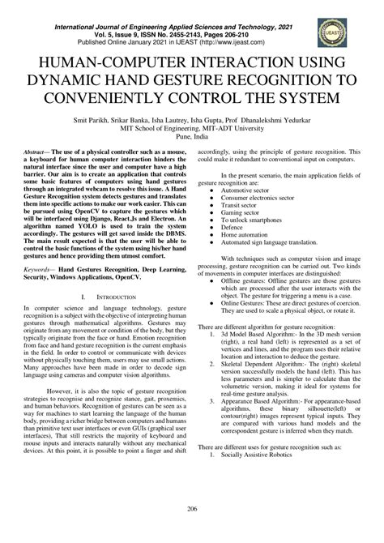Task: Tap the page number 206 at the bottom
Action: click(x=192, y=531)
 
